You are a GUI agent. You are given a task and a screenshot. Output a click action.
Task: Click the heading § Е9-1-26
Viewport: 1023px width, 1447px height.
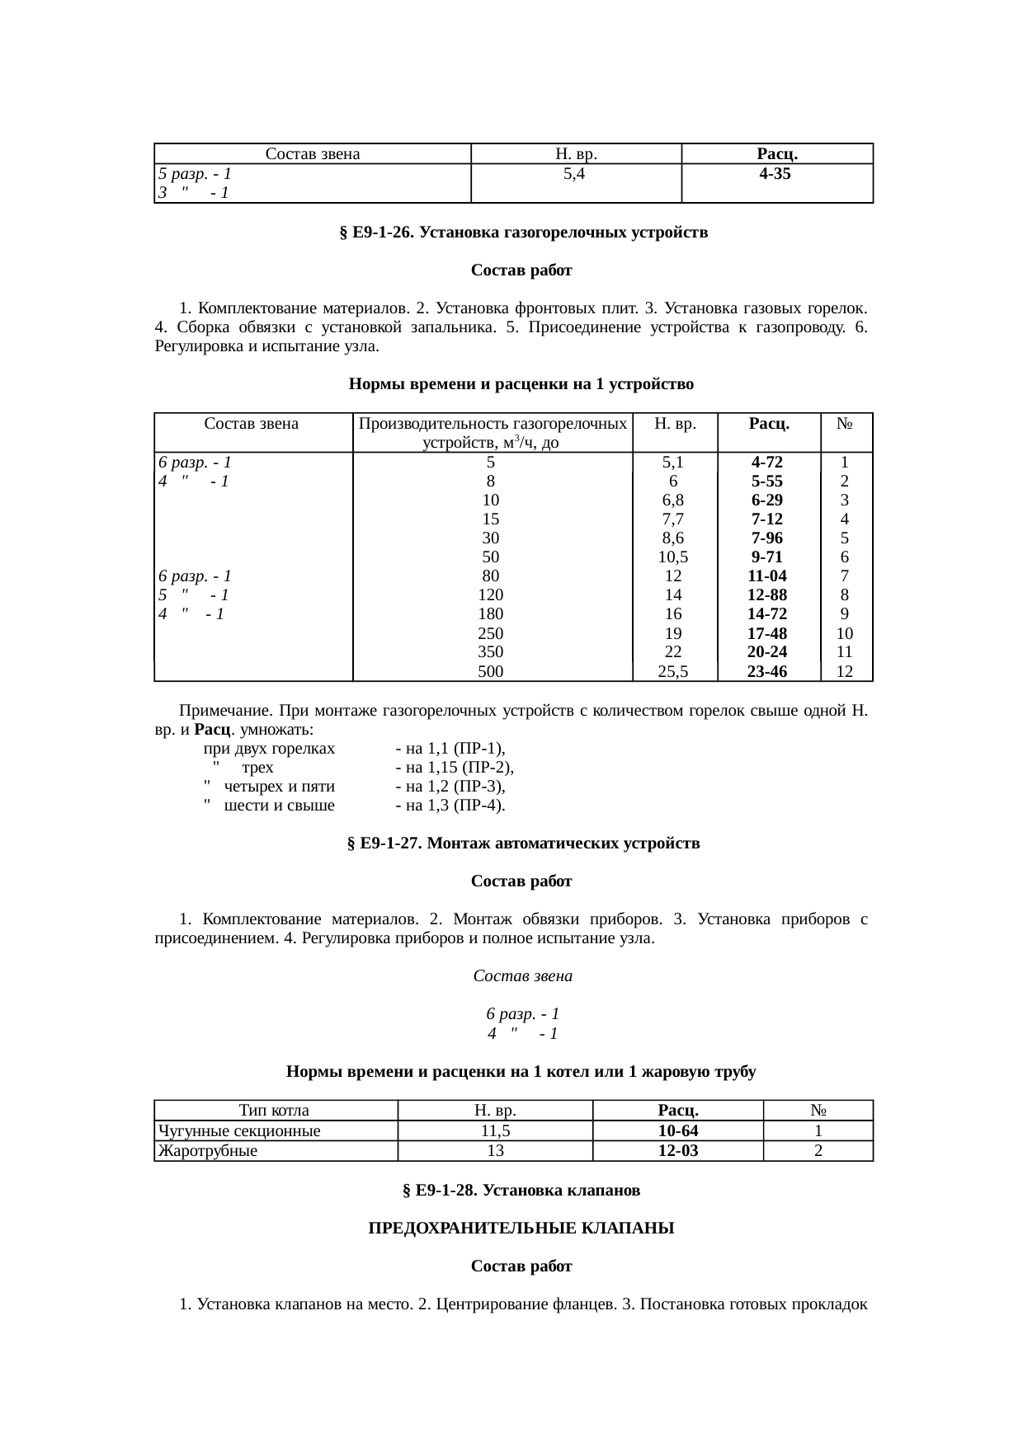523,233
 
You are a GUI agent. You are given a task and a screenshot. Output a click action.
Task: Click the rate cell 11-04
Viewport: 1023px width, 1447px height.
767,576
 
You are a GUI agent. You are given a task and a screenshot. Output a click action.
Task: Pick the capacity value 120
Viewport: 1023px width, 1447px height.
491,594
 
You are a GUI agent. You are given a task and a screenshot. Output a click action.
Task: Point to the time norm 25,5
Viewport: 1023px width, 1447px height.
673,671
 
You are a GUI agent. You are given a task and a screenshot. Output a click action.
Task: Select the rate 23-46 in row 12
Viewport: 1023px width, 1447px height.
767,671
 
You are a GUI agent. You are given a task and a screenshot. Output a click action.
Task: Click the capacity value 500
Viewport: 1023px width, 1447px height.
491,671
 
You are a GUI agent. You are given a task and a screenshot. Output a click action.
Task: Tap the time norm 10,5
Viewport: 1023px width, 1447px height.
673,557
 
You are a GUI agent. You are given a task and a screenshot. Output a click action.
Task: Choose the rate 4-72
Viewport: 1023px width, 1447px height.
767,463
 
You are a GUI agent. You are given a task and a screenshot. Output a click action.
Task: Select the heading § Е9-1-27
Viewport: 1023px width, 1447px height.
523,843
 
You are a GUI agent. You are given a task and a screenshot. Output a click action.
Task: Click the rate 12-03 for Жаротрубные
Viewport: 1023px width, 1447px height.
678,1151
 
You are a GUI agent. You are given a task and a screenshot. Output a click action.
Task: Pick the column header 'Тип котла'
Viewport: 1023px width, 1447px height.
274,1111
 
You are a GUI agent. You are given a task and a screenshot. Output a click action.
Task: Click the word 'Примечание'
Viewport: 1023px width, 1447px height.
225,711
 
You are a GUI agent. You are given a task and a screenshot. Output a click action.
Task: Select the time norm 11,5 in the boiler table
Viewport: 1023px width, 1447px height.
495,1131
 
